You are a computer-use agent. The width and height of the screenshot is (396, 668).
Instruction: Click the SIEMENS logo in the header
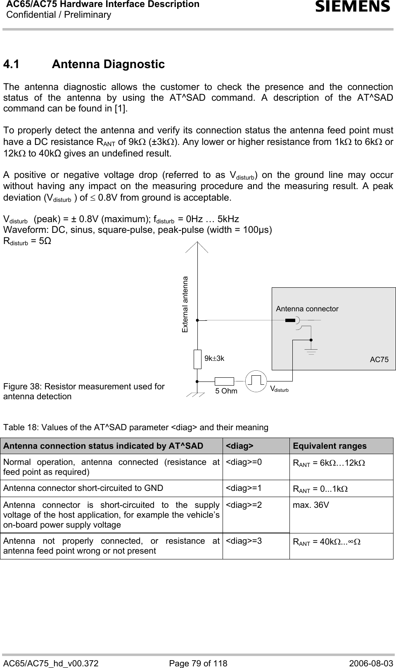[x=353, y=7]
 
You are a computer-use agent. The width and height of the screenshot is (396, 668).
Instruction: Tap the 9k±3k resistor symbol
[x=198, y=359]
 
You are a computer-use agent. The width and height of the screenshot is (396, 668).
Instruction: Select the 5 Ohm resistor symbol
[x=224, y=381]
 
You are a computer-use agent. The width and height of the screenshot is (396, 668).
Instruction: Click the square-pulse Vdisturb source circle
[x=256, y=381]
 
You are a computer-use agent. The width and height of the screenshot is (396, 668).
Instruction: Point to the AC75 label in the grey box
[x=379, y=360]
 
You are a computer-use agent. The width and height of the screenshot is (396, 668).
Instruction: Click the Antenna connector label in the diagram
[x=307, y=309]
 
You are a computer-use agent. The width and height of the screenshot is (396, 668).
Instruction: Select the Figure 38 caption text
[x=84, y=391]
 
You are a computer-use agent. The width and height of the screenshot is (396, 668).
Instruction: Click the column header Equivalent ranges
[x=330, y=446]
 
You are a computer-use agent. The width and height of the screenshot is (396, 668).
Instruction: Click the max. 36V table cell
[x=311, y=505]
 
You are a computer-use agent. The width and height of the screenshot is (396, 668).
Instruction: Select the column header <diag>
[x=240, y=446]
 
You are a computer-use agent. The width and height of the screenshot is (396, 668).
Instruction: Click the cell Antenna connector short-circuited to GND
[x=83, y=488]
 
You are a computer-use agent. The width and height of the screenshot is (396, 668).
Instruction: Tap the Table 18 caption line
[x=135, y=427]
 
